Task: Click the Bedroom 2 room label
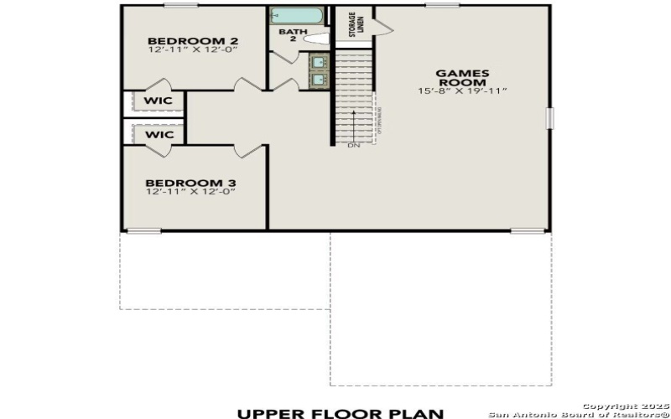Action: coord(181,41)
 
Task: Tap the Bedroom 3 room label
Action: coord(179,183)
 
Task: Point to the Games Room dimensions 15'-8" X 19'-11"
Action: coord(462,91)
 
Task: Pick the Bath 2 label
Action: coord(288,34)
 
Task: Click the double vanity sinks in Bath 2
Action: coord(320,70)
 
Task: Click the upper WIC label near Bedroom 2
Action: coord(158,101)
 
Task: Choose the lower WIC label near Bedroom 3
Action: coord(158,134)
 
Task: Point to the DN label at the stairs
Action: coord(353,146)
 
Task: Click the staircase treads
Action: coord(352,96)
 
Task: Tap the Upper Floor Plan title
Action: coord(340,411)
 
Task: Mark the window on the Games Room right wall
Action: coord(550,118)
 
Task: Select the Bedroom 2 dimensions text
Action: coord(181,51)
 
